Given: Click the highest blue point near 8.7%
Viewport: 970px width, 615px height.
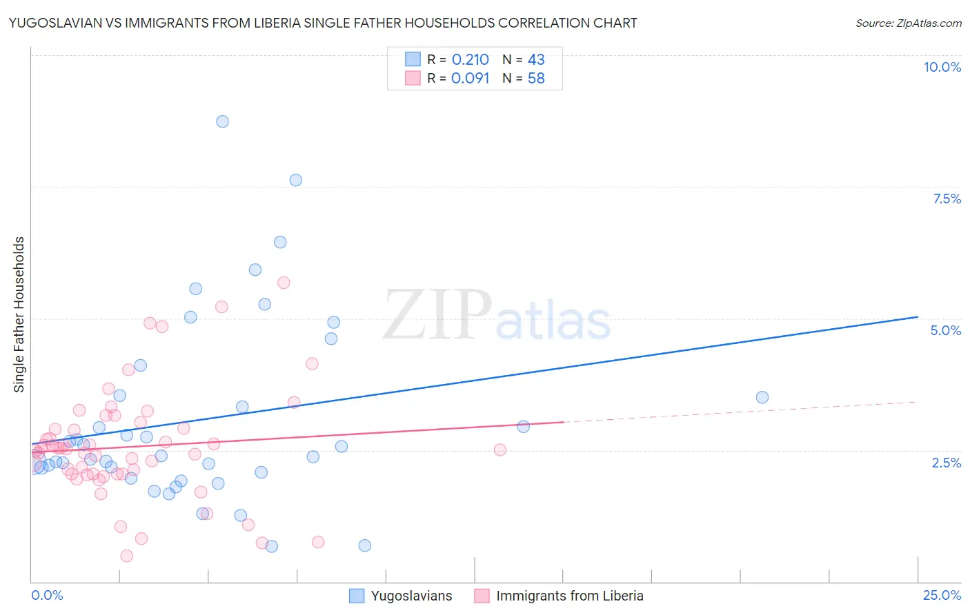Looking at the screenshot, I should point(222,121).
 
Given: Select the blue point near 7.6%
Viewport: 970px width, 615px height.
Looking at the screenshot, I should point(295,180).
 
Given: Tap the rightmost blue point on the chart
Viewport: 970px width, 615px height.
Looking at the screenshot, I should point(762,397).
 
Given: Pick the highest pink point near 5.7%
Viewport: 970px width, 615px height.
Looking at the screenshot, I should point(284,283).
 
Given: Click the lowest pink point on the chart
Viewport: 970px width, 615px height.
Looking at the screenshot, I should point(127,556).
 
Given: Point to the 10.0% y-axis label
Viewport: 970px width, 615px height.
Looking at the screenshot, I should point(942,67).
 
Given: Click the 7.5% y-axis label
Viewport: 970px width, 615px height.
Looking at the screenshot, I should point(947,199).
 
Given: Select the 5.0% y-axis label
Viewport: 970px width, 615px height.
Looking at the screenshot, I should point(945,330).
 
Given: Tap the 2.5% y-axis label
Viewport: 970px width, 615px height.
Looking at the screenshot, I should point(947,463).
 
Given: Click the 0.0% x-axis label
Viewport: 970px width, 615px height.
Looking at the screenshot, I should point(47,595).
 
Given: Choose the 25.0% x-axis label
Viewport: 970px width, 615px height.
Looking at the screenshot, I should point(942,595).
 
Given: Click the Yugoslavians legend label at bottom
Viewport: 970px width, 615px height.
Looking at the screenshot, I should point(411,596).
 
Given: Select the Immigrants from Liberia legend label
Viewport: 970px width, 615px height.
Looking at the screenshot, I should point(569,596).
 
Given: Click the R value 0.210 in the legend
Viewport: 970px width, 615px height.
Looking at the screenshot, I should point(470,60).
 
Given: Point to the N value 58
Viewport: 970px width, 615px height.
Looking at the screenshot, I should point(536,79).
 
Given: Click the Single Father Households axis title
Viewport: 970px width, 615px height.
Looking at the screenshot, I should point(19,314).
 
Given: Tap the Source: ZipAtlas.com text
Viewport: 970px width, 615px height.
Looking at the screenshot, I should point(908,23).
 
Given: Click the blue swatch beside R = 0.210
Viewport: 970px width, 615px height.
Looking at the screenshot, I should point(413,59).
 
